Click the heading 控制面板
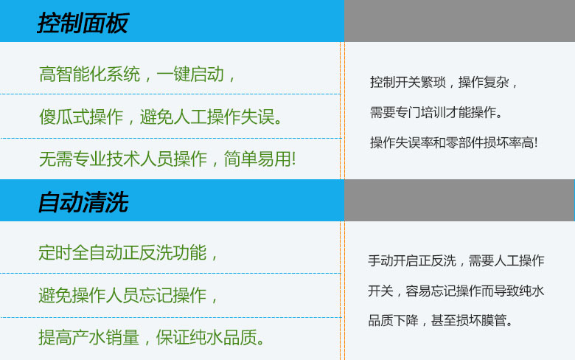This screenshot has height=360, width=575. [x=83, y=24]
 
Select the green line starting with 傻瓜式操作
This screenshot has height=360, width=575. [x=161, y=117]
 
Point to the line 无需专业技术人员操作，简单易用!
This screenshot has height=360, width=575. [x=167, y=158]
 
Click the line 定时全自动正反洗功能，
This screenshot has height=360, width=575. [x=129, y=253]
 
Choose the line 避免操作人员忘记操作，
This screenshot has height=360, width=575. [x=129, y=296]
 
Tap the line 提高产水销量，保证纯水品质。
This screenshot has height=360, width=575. [x=152, y=338]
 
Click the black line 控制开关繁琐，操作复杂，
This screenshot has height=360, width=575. [x=445, y=82]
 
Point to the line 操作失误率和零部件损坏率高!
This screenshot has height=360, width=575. [x=453, y=142]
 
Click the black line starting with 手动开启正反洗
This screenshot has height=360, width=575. [x=456, y=260]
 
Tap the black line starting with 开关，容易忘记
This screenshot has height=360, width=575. [x=456, y=291]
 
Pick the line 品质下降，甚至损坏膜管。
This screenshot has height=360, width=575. [x=441, y=321]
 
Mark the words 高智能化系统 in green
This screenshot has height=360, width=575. [x=89, y=75]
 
